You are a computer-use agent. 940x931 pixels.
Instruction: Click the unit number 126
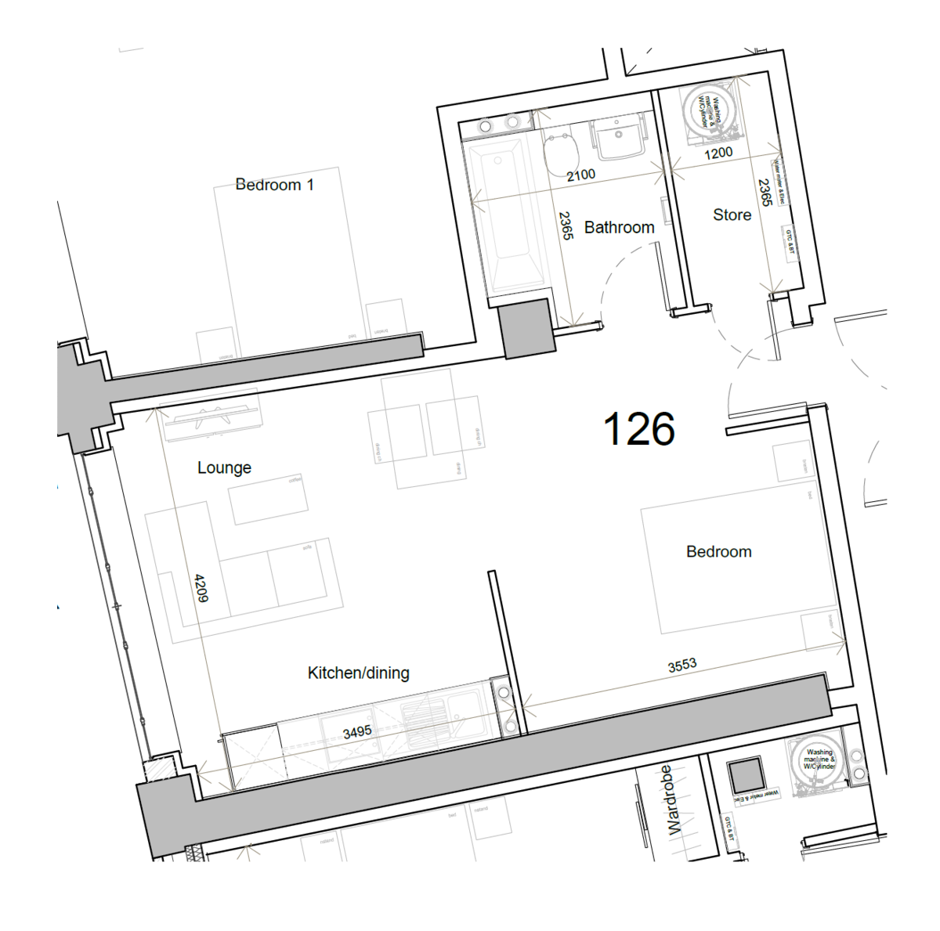(x=638, y=429)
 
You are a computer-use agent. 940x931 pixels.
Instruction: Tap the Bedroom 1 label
(x=274, y=185)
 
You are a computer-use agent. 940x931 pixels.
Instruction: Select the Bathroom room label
(x=619, y=227)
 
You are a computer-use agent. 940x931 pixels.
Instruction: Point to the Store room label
(x=732, y=215)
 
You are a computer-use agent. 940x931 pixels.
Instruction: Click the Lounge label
(x=224, y=467)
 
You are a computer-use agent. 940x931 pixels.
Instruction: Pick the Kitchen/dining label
(x=358, y=673)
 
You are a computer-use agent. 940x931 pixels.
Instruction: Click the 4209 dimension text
(x=201, y=588)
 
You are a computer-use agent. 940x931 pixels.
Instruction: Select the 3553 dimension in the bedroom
(x=681, y=665)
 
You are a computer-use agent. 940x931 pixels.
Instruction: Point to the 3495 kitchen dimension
(x=357, y=731)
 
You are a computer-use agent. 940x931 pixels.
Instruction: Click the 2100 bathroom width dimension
(x=580, y=175)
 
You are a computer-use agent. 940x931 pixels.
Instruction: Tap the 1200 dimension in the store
(x=718, y=153)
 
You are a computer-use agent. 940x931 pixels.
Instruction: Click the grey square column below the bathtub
(x=526, y=329)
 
